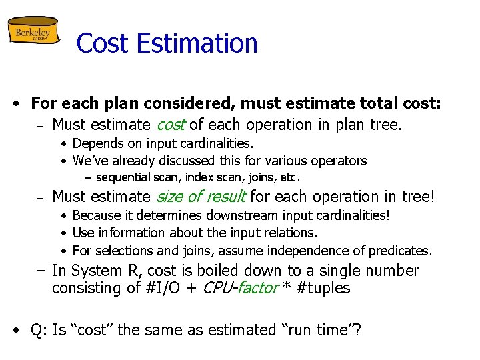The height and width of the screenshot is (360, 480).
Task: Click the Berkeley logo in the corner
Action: pyautogui.click(x=33, y=31)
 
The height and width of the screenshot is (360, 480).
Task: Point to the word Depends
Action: pyautogui.click(x=97, y=143)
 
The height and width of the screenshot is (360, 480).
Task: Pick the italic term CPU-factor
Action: pyautogui.click(x=233, y=289)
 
